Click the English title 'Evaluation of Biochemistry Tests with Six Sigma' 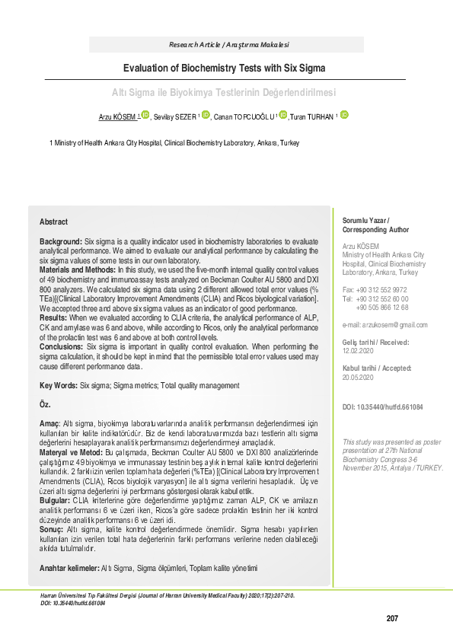pyautogui.click(x=226, y=68)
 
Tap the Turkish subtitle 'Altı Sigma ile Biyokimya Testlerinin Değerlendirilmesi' pyautogui.click(x=224, y=93)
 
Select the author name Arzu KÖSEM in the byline pyautogui.click(x=116, y=116)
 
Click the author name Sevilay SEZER pyautogui.click(x=174, y=117)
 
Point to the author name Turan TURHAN pyautogui.click(x=311, y=116)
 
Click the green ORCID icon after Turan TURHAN pyautogui.click(x=344, y=115)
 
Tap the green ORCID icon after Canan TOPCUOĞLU pyautogui.click(x=283, y=115)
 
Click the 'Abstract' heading pyautogui.click(x=53, y=222)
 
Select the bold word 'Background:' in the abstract pyautogui.click(x=61, y=241)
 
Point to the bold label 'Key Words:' pyautogui.click(x=58, y=386)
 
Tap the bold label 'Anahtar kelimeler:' pyautogui.click(x=69, y=568)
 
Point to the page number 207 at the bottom pyautogui.click(x=392, y=618)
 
